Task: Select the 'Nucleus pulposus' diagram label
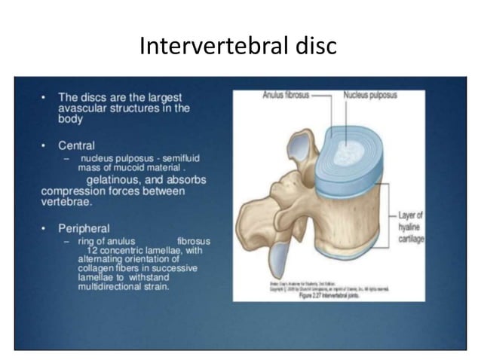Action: coord(372,96)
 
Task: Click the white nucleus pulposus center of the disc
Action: coord(335,147)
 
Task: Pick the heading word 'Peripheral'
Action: coord(83,227)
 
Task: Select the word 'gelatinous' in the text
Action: coord(116,181)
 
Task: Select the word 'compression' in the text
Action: coord(72,191)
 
